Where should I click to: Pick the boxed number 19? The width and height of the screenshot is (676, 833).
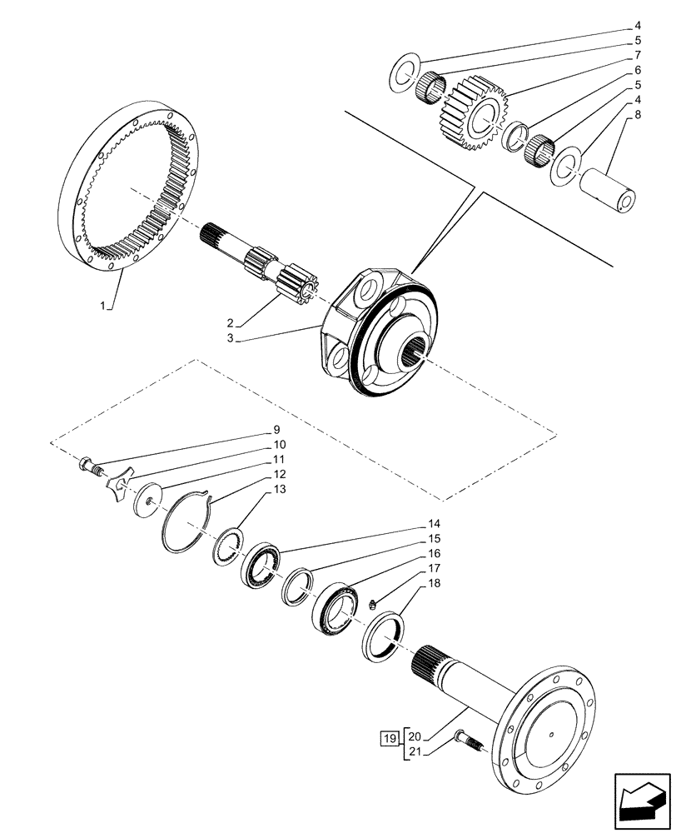pyautogui.click(x=388, y=738)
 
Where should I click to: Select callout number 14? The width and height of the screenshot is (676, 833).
pyautogui.click(x=435, y=525)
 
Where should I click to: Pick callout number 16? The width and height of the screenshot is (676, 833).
pyautogui.click(x=435, y=553)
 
